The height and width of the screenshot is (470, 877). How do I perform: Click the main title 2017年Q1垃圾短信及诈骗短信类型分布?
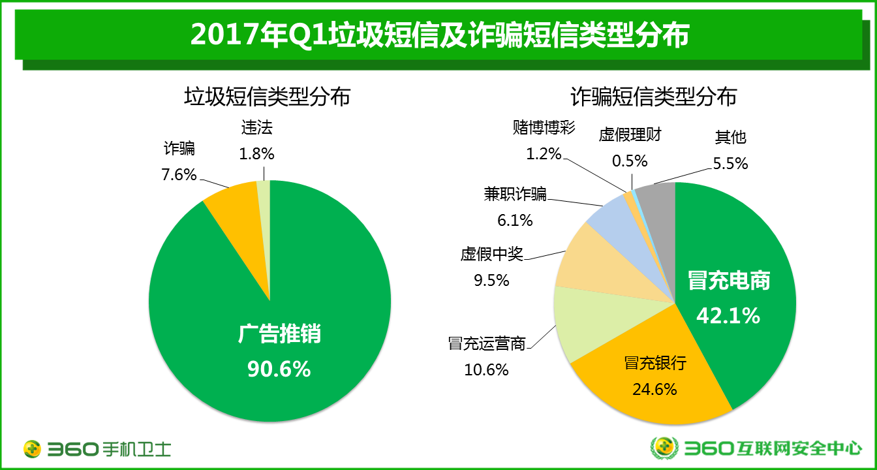click(439, 35)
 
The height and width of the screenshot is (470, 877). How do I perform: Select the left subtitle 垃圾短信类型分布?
click(267, 97)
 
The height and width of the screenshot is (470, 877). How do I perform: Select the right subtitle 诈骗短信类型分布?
click(653, 97)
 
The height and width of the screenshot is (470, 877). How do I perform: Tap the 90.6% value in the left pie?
click(279, 369)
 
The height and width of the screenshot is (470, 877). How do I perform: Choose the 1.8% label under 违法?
click(257, 154)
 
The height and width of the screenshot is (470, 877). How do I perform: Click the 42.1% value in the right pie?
click(728, 315)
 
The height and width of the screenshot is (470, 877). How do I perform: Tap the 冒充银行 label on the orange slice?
click(655, 363)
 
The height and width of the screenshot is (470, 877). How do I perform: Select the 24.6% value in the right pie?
click(654, 389)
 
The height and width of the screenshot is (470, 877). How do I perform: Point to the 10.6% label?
click(486, 369)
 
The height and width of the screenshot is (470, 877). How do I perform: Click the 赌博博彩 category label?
click(544, 127)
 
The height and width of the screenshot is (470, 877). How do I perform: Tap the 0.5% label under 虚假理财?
click(630, 160)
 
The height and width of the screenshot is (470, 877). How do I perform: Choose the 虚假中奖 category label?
click(492, 254)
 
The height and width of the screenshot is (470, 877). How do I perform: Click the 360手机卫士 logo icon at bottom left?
click(33, 448)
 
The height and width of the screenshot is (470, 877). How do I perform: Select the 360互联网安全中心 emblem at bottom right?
click(665, 448)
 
